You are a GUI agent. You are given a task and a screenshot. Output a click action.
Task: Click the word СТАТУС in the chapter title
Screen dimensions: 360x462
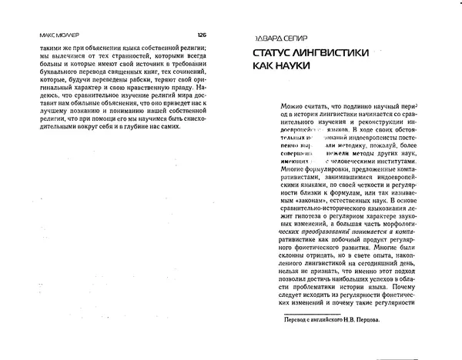278,55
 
